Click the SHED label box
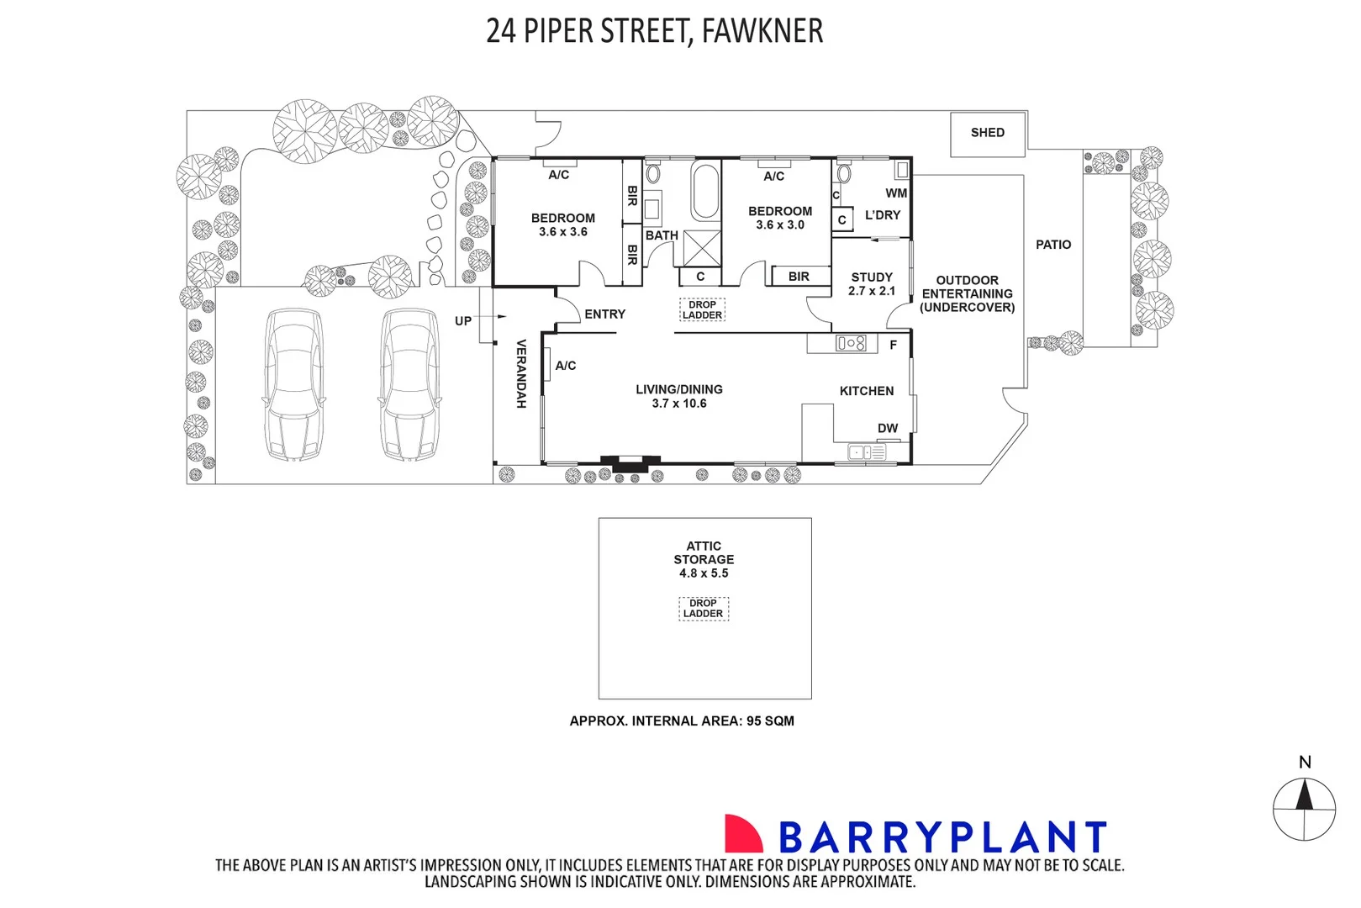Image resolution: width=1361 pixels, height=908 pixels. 987,134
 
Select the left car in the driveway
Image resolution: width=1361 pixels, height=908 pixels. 293,384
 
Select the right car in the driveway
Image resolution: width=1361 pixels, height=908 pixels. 409,384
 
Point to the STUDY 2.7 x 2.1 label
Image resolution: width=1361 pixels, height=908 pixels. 871,284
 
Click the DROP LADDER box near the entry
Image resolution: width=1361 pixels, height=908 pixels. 702,310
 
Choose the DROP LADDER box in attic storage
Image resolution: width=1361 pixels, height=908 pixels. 703,609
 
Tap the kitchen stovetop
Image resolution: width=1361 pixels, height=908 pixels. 851,343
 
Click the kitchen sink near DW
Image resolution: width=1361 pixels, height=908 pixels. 867,452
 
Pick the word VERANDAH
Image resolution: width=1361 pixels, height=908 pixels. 520,374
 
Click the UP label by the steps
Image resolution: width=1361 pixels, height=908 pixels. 463,321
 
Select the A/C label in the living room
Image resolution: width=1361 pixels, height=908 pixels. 566,366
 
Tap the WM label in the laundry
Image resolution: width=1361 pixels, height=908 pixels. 895,193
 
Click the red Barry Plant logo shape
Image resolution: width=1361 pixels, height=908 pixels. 743,834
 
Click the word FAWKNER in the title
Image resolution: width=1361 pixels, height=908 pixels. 762,31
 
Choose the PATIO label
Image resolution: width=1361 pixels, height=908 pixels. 1053,245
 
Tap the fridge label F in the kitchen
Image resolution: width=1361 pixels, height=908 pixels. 893,345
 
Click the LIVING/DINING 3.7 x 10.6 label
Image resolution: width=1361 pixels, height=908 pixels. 679,397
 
